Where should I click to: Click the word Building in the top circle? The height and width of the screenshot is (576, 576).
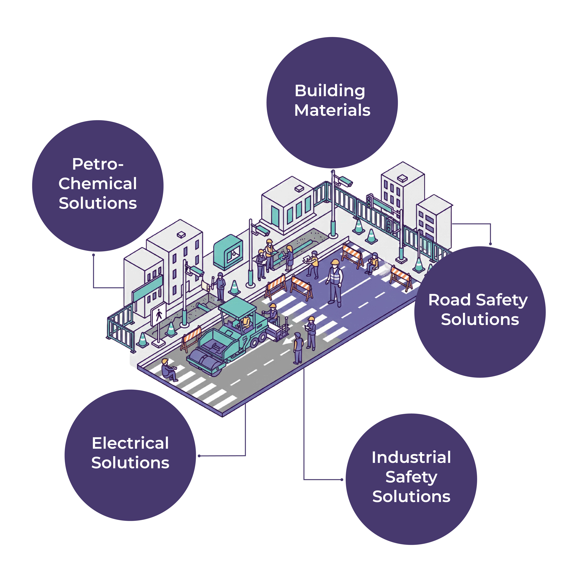[330, 91]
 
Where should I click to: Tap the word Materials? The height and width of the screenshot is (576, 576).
[332, 110]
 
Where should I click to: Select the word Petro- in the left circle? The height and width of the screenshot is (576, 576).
[98, 164]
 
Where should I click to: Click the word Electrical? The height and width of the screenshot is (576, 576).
[130, 443]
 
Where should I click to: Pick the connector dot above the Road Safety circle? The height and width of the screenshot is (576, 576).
[490, 244]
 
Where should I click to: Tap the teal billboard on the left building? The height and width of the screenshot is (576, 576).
[148, 288]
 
